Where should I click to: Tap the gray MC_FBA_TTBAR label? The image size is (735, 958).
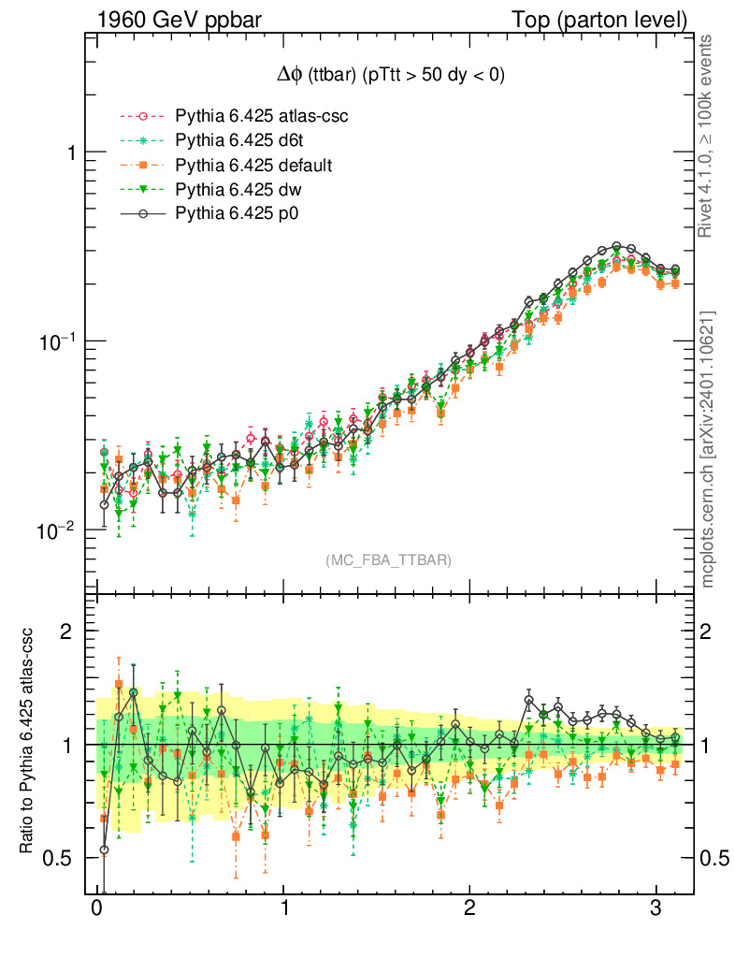click(389, 560)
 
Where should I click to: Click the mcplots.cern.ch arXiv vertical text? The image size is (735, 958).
click(708, 449)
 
